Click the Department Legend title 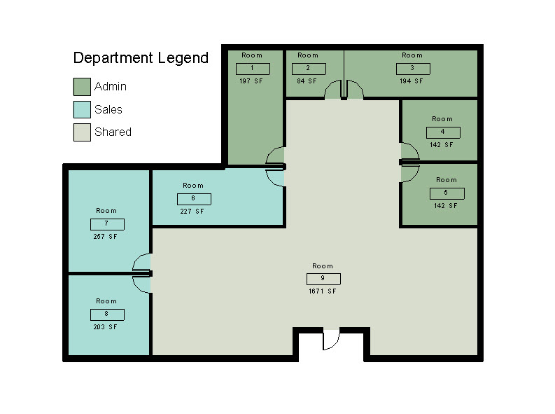(141, 58)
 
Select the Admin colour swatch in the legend (82, 87)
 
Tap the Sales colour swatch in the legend (82, 109)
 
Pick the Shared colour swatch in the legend (82, 132)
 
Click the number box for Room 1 (253, 69)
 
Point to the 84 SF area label (307, 81)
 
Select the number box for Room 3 (413, 69)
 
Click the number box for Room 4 (443, 132)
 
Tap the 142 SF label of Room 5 (446, 206)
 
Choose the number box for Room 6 (194, 199)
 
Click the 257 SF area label (105, 237)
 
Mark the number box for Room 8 (107, 315)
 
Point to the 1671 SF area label (323, 291)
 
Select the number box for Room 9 (323, 279)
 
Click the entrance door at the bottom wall (331, 339)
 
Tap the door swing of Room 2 (332, 89)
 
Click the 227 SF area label (192, 212)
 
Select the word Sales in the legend (108, 109)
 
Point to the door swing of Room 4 (410, 151)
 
